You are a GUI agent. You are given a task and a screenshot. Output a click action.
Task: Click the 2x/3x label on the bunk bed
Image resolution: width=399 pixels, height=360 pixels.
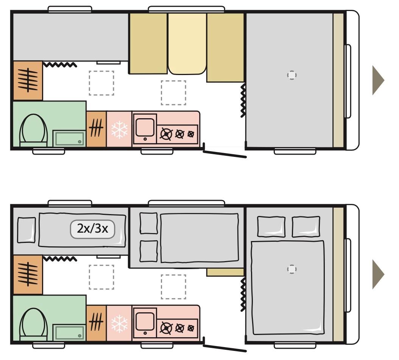(92, 229)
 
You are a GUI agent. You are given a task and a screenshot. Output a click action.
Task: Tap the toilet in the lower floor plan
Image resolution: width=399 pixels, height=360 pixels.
(33, 324)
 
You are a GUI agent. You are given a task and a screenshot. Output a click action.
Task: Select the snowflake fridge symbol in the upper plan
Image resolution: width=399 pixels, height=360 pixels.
(119, 129)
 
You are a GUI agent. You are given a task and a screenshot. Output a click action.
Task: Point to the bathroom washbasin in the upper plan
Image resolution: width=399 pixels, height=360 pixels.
(69, 138)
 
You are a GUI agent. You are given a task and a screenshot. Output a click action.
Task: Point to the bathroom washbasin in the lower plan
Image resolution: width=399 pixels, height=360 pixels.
(69, 332)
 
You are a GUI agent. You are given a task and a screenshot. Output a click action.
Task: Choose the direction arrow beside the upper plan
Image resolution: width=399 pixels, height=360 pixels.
(377, 80)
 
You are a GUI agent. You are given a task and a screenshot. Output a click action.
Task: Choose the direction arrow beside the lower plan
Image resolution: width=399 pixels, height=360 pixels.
(377, 274)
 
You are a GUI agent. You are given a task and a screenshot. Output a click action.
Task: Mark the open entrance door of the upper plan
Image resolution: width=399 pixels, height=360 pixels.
(225, 153)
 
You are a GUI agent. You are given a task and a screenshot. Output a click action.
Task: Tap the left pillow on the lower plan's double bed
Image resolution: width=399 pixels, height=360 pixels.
(271, 227)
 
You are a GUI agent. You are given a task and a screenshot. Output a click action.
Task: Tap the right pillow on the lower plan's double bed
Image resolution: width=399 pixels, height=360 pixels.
(306, 226)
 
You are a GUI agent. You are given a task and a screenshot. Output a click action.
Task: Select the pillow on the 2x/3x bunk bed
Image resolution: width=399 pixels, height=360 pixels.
(26, 230)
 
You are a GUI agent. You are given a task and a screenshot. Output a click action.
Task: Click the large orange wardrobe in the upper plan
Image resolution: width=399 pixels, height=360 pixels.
(28, 80)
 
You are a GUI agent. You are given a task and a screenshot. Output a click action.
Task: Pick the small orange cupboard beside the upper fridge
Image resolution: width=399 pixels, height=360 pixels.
(96, 129)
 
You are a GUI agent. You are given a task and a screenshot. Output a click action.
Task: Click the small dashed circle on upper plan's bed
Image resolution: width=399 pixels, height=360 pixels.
(291, 75)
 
